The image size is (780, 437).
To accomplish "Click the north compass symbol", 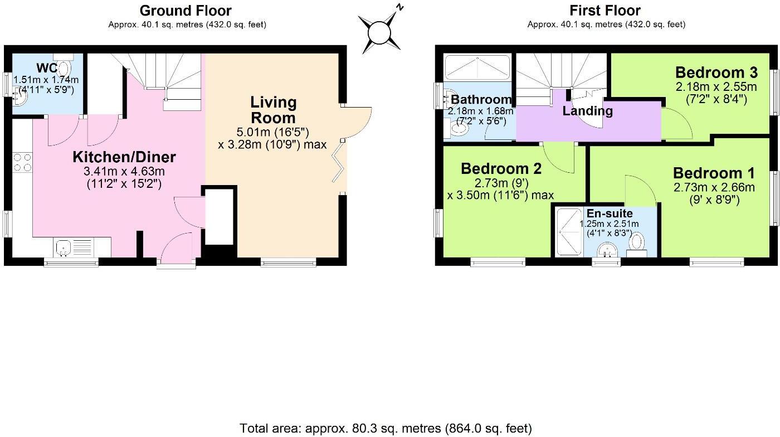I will [x=381, y=32].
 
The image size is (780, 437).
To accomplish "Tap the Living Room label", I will [x=273, y=110].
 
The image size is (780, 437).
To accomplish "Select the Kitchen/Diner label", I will [x=124, y=157].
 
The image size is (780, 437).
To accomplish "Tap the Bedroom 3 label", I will [x=716, y=72].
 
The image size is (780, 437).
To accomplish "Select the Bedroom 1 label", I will [x=714, y=173].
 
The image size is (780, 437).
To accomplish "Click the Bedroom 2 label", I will [x=501, y=168].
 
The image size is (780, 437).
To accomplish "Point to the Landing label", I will [x=587, y=111].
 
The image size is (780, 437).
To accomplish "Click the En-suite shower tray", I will [x=569, y=231].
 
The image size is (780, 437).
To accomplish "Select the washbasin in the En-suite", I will [x=605, y=252].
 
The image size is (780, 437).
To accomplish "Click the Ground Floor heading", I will [x=186, y=11].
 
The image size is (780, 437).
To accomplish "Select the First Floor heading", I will [x=605, y=11].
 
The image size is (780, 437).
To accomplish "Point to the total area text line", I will [x=386, y=428].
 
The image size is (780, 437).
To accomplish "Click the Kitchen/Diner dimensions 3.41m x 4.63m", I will [x=124, y=171].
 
